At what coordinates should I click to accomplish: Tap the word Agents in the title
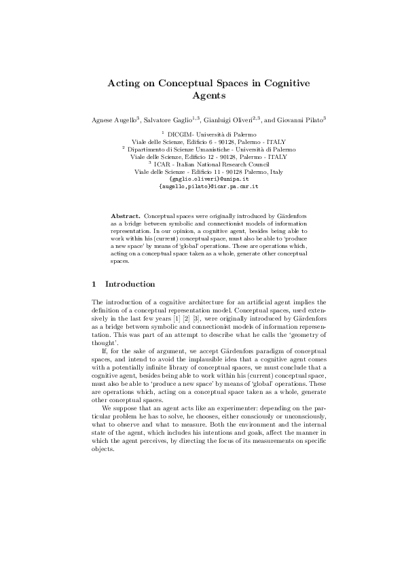(x=202, y=96)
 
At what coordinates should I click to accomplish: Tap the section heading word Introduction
(x=130, y=283)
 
